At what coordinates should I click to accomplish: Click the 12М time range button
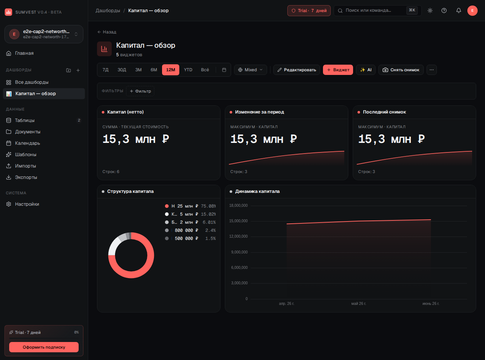(170, 70)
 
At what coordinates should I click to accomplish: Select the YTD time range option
(188, 70)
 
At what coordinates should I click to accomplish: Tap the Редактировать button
(297, 70)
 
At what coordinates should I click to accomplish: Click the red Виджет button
(338, 70)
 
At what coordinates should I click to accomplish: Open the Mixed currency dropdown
(250, 70)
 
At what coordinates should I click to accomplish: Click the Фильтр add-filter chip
(140, 91)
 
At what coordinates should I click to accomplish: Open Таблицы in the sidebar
(25, 120)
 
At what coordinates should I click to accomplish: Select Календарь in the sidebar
(27, 143)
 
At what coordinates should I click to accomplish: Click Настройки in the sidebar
(27, 204)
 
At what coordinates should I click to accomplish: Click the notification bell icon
(459, 11)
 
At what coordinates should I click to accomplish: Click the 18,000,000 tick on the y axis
(238, 205)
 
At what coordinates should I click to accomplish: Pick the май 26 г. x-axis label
(359, 303)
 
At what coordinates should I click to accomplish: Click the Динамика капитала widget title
(257, 191)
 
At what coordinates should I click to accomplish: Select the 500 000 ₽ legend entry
(190, 238)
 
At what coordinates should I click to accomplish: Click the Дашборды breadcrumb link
(108, 11)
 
